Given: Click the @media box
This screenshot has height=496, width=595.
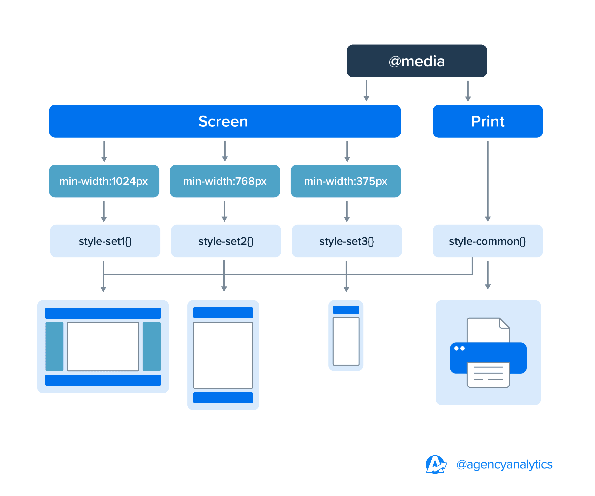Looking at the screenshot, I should point(417,61).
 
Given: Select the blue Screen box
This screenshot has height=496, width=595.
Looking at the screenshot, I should point(225,121).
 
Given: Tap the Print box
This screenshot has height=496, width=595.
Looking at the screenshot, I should point(488,121).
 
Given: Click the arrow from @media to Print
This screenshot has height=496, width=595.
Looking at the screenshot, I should point(468,91).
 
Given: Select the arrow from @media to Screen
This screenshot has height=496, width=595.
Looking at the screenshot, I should point(366,91).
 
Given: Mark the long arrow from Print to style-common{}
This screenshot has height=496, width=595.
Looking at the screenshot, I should point(488,181).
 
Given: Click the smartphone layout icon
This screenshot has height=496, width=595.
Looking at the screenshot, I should point(346,336).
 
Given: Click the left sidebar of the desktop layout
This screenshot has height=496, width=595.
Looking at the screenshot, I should point(54,346).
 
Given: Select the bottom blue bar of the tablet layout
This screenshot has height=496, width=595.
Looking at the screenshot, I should point(223,397).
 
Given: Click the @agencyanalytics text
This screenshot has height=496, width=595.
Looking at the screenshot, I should point(504,464).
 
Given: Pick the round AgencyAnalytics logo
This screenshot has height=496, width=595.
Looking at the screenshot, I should point(436,464).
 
